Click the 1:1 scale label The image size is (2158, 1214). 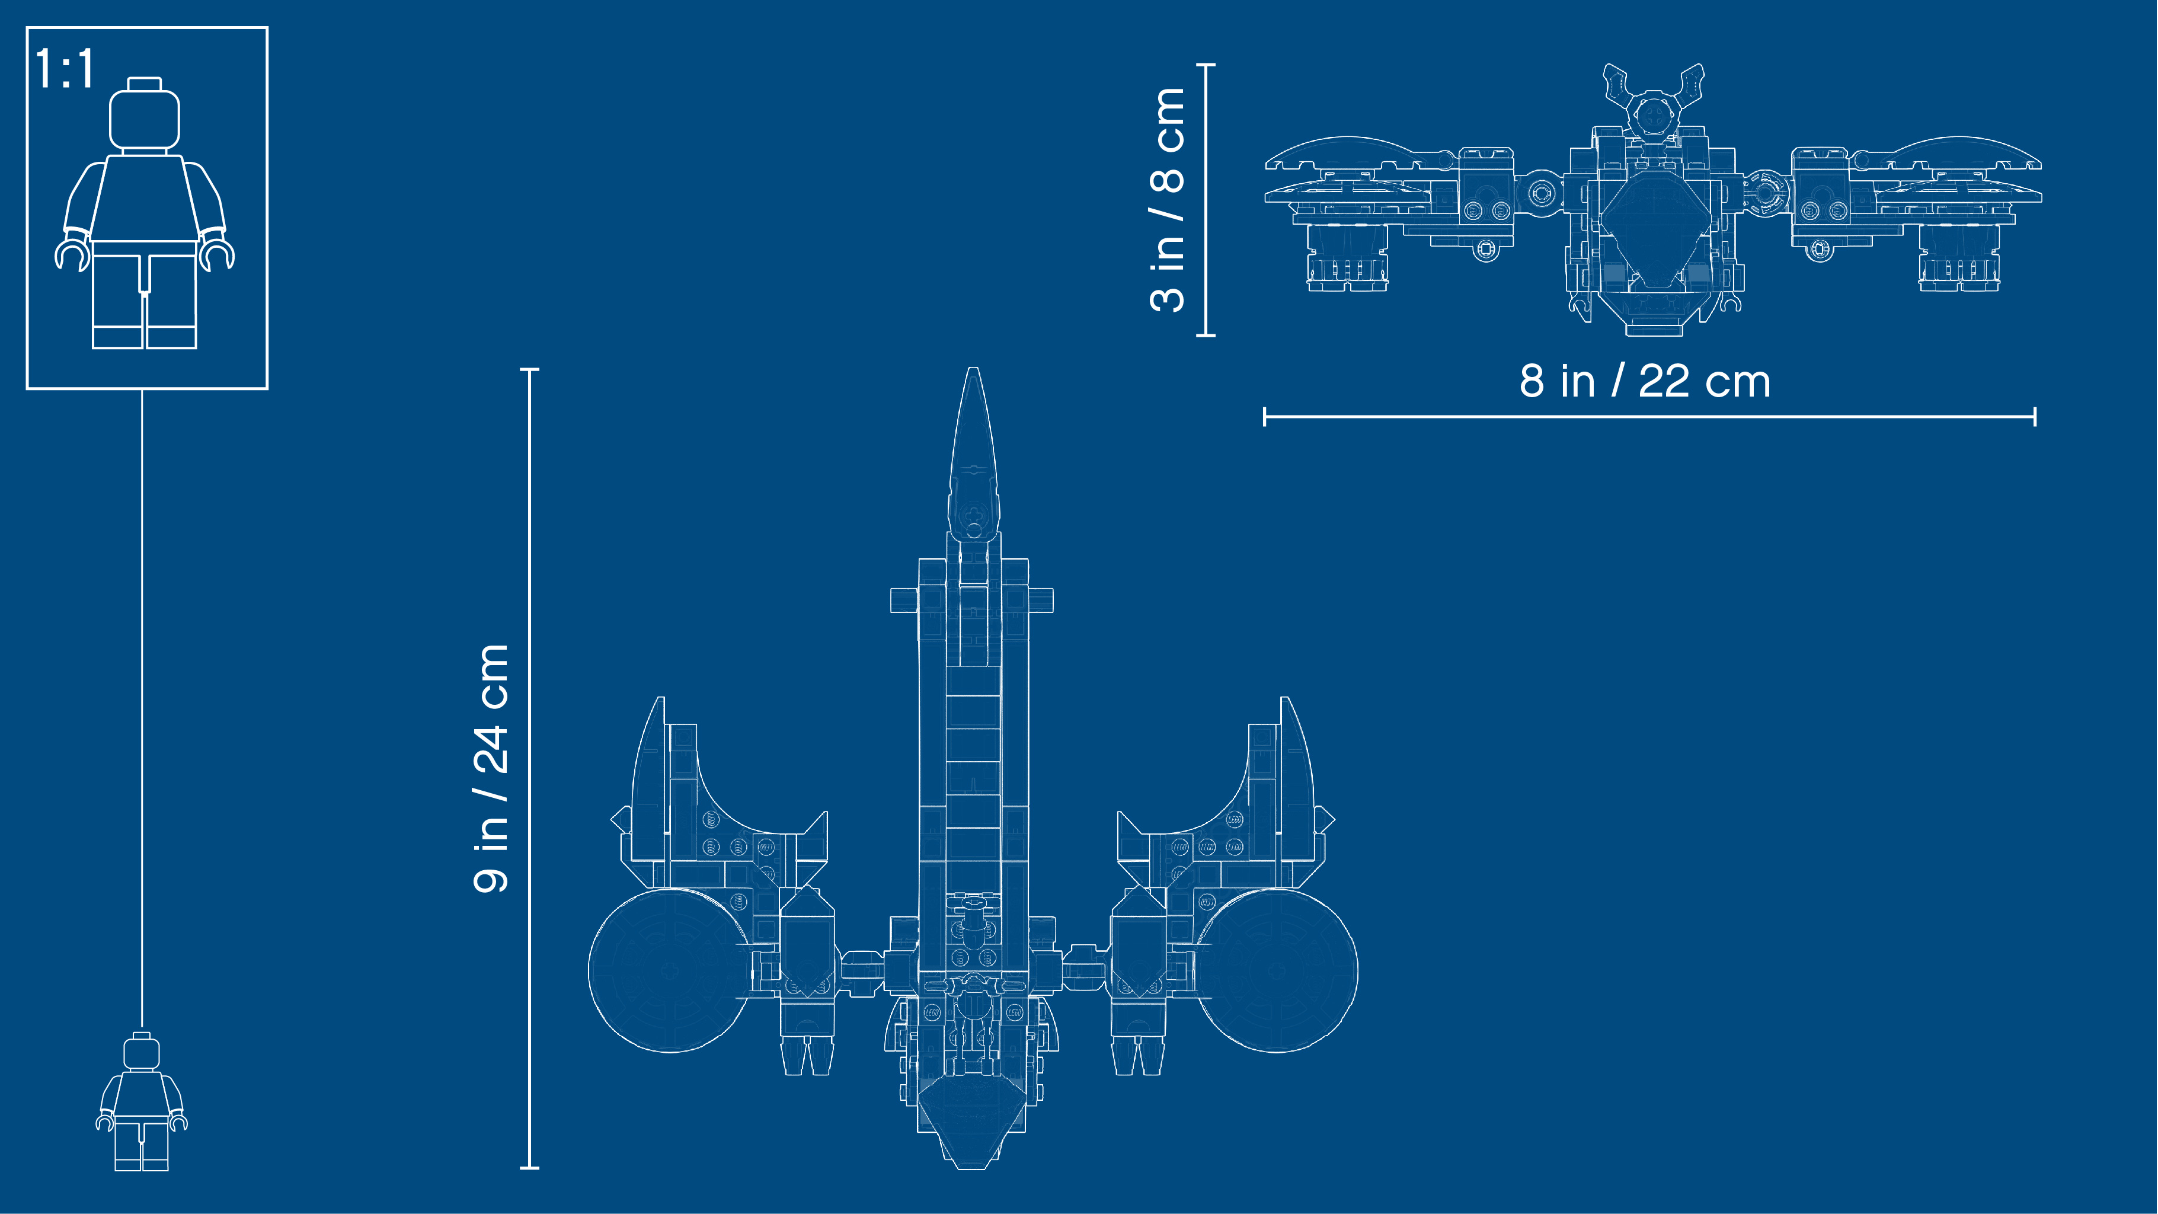click(x=65, y=69)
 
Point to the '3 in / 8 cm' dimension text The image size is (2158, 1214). click(x=1167, y=199)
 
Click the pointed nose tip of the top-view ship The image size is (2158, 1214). click(x=973, y=369)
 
